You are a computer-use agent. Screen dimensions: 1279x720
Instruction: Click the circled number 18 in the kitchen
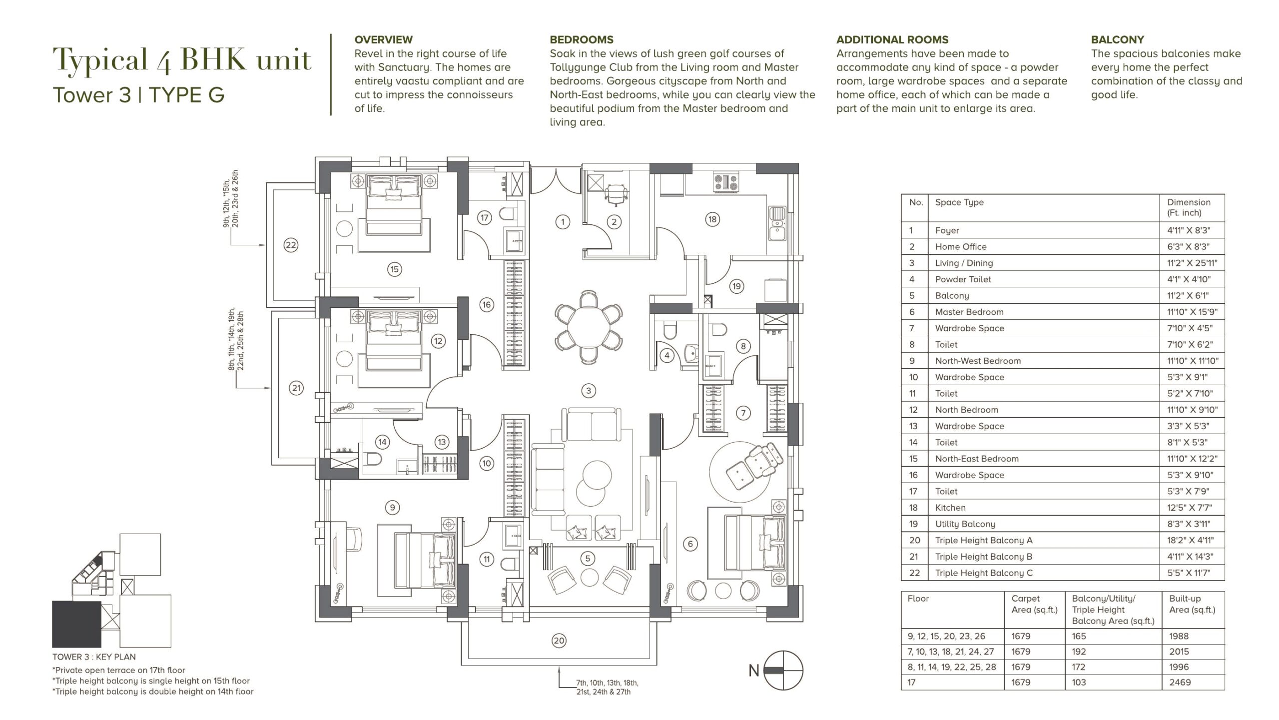[x=712, y=219]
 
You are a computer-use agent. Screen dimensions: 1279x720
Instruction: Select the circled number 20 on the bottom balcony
[x=559, y=641]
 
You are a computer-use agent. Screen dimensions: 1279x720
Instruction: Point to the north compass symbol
[x=783, y=671]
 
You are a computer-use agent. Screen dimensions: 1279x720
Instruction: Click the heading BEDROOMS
[x=582, y=39]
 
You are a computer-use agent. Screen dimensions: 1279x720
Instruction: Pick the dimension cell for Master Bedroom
[x=1192, y=312]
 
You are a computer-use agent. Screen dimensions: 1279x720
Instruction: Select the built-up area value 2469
[x=1180, y=682]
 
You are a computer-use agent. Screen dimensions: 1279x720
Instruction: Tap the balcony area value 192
[x=1079, y=652]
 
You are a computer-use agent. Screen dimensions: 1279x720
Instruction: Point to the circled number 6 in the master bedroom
[x=690, y=544]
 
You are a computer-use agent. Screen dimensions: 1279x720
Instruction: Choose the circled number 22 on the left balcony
[x=291, y=245]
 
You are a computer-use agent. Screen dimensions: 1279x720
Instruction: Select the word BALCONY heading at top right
[x=1117, y=39]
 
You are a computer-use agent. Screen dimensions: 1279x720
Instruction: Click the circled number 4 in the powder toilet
[x=667, y=355]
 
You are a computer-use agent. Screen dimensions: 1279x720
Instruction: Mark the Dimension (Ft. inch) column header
[x=1189, y=207]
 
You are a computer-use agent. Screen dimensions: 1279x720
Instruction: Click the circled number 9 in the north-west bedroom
[x=393, y=508]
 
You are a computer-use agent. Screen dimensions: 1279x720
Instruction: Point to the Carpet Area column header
[x=1034, y=604]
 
